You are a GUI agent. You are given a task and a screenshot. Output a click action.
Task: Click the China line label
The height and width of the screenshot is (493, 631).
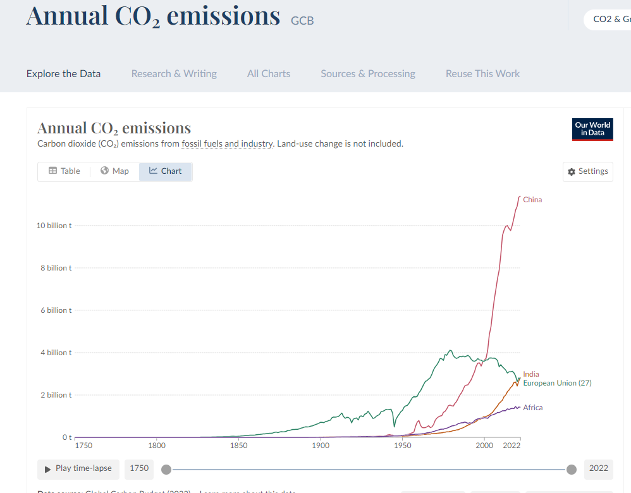tap(532, 200)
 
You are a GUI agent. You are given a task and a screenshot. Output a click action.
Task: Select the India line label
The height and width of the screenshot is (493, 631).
tap(531, 374)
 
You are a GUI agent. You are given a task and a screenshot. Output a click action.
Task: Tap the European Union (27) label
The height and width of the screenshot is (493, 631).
tap(557, 383)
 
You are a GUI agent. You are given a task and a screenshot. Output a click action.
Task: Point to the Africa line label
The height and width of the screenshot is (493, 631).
tap(532, 408)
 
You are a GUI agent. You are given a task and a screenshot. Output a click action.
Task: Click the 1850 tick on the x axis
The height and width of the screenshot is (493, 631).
tap(238, 446)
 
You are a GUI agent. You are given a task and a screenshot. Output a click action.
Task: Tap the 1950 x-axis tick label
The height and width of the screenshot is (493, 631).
tap(402, 446)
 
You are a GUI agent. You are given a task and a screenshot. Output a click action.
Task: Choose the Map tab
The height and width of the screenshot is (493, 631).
tap(114, 171)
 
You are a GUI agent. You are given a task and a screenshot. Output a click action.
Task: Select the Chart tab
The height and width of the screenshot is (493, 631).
tap(165, 171)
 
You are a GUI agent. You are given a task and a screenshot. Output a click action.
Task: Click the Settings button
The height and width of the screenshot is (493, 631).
tap(587, 171)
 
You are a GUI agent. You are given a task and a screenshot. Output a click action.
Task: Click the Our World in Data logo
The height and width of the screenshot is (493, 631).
tap(592, 129)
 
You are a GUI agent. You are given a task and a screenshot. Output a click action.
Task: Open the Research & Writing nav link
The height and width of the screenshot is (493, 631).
tap(174, 74)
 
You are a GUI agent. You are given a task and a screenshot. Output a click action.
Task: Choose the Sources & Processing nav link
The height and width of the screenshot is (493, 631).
tap(368, 74)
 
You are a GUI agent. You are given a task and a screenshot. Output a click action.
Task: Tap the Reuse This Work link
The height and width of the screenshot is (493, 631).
tap(482, 74)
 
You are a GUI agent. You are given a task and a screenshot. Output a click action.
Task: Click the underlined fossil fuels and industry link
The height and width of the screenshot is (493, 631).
tap(228, 143)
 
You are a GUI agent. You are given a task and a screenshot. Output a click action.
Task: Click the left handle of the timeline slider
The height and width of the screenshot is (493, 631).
tap(166, 469)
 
